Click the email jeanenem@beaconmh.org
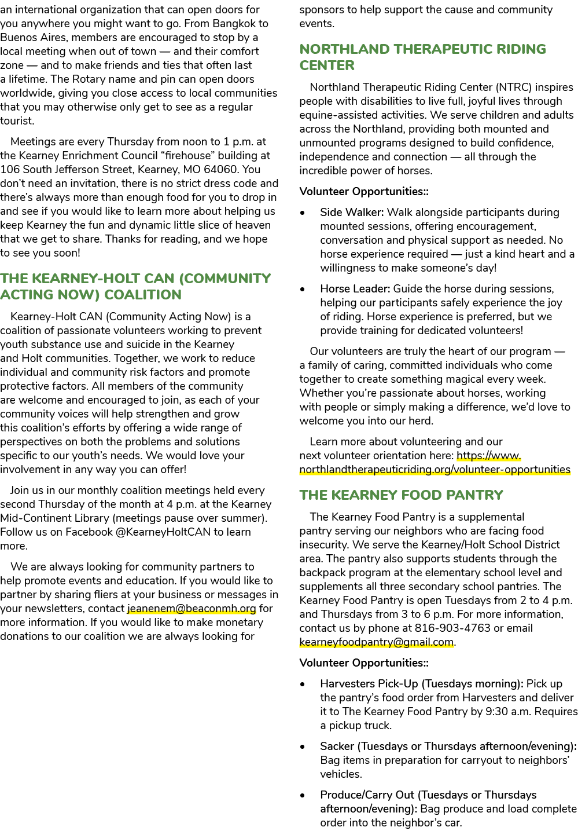click(x=192, y=609)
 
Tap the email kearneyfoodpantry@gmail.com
click(x=377, y=642)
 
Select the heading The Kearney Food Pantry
click(x=401, y=495)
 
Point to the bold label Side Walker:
click(x=352, y=212)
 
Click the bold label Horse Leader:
click(x=355, y=288)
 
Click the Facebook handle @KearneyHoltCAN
click(x=163, y=532)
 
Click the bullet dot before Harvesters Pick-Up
click(x=303, y=685)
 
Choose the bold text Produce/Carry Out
click(x=367, y=795)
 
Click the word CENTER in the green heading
click(x=327, y=65)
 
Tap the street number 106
click(x=10, y=170)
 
